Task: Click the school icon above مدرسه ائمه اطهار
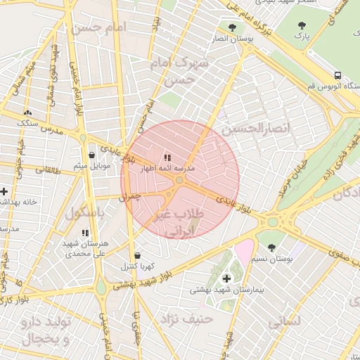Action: (167, 158)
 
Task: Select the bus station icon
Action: (338, 75)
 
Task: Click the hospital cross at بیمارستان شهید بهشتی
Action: (226, 279)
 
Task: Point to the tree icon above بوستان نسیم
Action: (272, 247)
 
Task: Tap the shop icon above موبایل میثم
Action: (91, 155)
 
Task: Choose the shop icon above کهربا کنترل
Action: (136, 255)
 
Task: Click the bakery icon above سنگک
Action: (27, 112)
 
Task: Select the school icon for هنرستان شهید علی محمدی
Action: (85, 233)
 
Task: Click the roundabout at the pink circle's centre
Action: (180, 181)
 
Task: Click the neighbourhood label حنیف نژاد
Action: (209, 320)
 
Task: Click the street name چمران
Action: (130, 198)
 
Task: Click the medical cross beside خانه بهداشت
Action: (4, 191)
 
